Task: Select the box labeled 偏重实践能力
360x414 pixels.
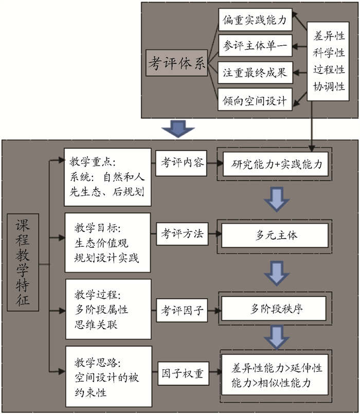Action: (x=255, y=20)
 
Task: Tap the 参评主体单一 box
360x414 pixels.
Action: (x=255, y=46)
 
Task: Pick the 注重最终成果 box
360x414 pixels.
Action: (x=255, y=73)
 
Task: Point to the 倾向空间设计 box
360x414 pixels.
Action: (x=255, y=100)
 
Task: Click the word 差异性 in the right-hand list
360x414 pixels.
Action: (x=329, y=37)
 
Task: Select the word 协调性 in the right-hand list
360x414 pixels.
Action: (x=329, y=86)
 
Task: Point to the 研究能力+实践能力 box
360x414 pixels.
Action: (x=277, y=164)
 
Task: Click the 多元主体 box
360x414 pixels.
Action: (x=277, y=236)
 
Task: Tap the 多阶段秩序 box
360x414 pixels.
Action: (x=277, y=309)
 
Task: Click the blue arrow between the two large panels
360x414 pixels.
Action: (x=176, y=129)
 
